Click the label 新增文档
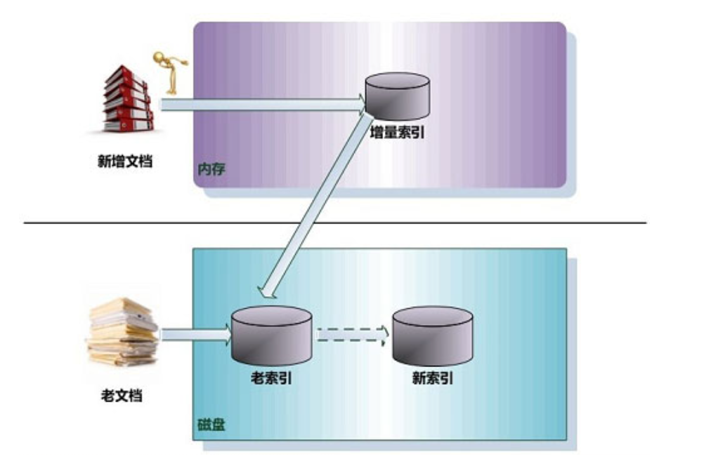point(124,161)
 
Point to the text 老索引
point(272,378)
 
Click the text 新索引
point(432,378)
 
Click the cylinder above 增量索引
point(397,96)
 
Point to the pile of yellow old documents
point(123,331)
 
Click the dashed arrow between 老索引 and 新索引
point(350,335)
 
